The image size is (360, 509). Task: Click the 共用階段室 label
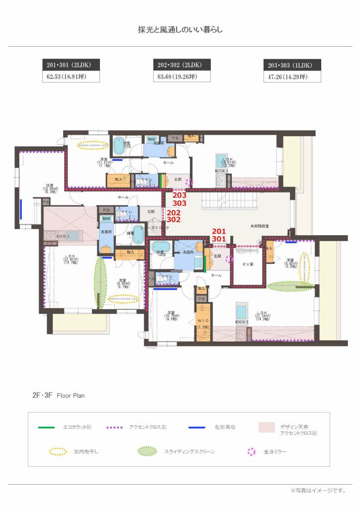[259, 226]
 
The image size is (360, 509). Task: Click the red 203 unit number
[179, 196]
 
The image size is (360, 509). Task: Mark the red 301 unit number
[219, 239]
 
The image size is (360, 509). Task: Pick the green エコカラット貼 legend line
[46, 427]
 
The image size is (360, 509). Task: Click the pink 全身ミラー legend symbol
[252, 452]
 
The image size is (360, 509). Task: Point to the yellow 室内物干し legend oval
[58, 452]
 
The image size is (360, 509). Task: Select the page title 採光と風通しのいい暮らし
[180, 30]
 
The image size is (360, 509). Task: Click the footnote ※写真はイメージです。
[318, 490]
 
